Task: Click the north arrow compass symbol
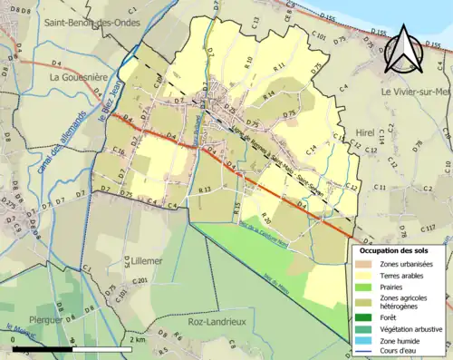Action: click(403, 50)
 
